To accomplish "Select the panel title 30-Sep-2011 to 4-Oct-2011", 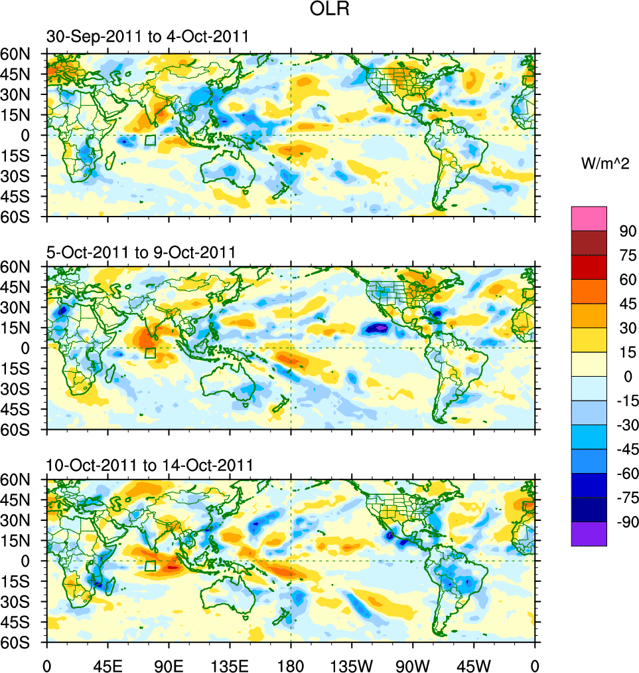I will [148, 37].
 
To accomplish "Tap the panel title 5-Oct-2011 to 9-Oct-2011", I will [141, 252].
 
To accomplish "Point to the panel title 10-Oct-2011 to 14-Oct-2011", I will [150, 465].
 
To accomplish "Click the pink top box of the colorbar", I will [589, 218].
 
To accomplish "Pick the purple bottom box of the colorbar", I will [589, 533].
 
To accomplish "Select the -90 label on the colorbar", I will [626, 522].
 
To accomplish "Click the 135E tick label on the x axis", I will [230, 664].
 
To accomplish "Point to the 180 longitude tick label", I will [291, 664].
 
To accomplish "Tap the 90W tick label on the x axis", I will [413, 664].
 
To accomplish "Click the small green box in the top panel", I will [150, 140].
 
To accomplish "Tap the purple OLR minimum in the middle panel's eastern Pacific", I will [378, 328].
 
